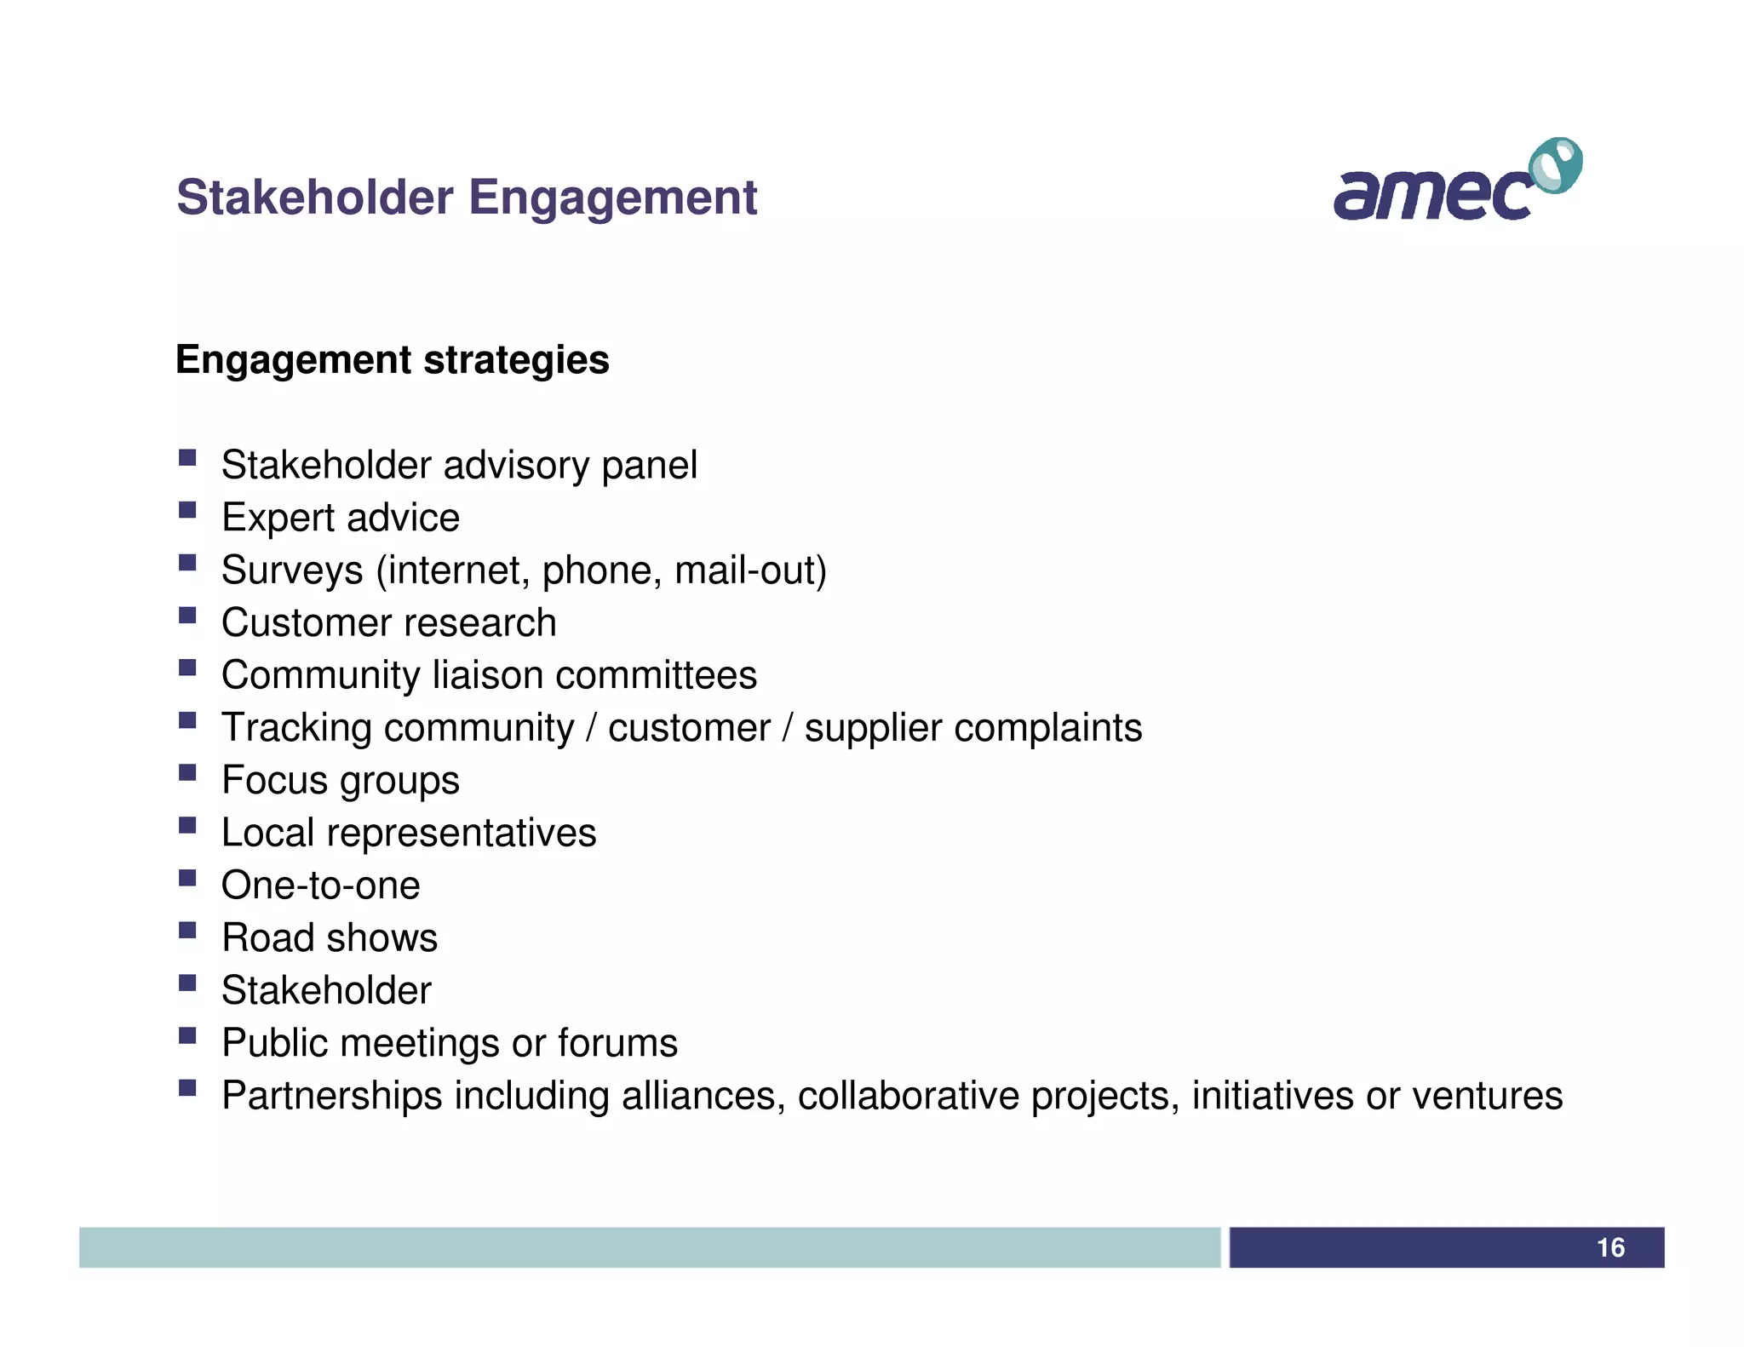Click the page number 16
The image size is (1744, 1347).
coord(1610,1247)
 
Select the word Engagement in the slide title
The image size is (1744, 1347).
coord(612,198)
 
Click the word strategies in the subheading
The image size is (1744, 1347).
coord(516,360)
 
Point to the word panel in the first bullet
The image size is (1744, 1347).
coord(649,466)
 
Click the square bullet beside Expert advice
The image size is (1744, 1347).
coord(187,511)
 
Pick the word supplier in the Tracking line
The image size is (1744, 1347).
coord(872,729)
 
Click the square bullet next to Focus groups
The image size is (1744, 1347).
coord(187,773)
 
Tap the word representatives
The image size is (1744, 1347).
coord(461,833)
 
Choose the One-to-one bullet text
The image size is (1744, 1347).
coord(320,886)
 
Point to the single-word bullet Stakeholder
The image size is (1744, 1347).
coord(326,990)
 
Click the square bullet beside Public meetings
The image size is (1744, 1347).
coord(187,1036)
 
